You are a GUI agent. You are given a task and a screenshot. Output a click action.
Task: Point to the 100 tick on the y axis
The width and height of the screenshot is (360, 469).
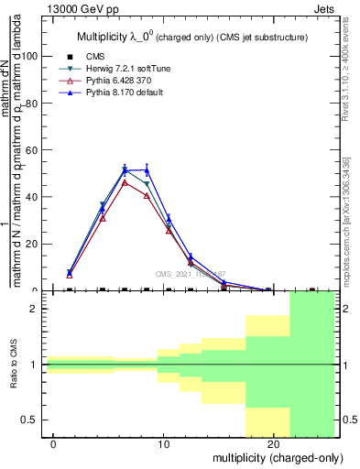pyautogui.click(x=31, y=56)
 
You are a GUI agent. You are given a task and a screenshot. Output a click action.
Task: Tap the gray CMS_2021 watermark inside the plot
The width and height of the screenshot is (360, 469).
pyautogui.click(x=190, y=274)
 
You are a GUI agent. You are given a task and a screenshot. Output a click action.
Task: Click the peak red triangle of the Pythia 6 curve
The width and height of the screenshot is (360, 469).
pyautogui.click(x=125, y=182)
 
